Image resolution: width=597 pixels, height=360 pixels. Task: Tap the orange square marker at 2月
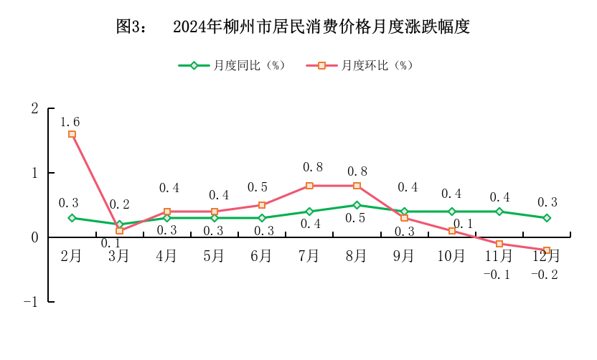pos(72,134)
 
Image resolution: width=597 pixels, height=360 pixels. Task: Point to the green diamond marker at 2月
pos(72,218)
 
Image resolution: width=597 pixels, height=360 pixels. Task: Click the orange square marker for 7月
pos(309,186)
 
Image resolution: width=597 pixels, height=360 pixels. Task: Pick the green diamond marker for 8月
pos(357,205)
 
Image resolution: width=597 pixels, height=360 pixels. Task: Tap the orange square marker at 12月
pos(547,250)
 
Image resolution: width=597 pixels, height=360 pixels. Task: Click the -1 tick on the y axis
pos(30,302)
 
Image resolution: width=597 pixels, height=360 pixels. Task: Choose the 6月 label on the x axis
pos(261,255)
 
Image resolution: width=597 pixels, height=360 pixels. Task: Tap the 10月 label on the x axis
pos(451,255)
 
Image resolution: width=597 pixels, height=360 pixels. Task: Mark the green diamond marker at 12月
pos(547,218)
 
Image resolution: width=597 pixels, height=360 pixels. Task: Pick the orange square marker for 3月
pos(119,231)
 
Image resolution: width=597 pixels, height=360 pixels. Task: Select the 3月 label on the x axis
pos(118,255)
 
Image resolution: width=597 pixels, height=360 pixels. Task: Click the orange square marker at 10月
pos(452,231)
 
